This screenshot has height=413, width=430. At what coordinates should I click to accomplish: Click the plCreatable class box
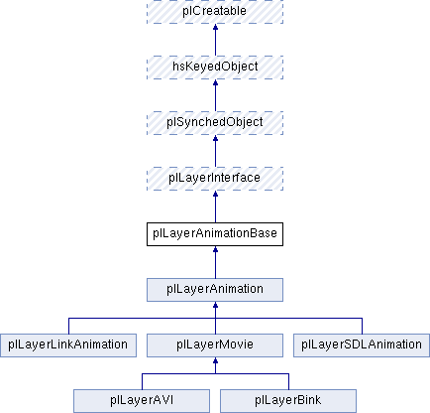pos(215,12)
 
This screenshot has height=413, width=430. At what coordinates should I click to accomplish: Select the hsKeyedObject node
pos(215,68)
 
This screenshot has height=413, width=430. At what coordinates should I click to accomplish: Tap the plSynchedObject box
pos(215,123)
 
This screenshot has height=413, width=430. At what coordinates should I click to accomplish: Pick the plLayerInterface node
pos(215,179)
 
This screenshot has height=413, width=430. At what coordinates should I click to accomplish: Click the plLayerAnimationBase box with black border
pos(215,234)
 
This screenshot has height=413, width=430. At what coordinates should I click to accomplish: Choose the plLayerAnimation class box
pos(215,290)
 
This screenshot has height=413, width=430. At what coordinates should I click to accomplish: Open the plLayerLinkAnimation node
pos(68,345)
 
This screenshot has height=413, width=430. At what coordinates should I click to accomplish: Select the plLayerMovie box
pos(215,345)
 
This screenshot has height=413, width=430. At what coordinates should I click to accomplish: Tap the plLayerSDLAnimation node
pos(362,345)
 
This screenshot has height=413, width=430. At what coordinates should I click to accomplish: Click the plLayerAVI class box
pos(142,401)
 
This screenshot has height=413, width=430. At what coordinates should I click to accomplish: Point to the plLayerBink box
pos(288,401)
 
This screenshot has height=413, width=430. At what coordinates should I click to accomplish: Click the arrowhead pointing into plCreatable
pos(215,27)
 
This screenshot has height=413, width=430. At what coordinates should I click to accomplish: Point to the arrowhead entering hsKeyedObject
pos(215,82)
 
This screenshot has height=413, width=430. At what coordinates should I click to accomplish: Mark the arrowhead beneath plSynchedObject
pos(215,138)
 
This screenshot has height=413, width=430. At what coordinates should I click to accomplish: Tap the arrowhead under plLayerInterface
pos(215,194)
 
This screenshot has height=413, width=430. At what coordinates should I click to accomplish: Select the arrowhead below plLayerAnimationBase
pos(215,249)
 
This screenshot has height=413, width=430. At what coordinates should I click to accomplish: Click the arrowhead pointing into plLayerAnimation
pos(215,305)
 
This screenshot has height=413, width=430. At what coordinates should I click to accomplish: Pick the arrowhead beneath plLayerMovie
pos(215,360)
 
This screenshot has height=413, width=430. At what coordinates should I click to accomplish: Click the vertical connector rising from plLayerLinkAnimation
pos(68,326)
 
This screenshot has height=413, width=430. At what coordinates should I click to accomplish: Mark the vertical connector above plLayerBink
pos(288,381)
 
